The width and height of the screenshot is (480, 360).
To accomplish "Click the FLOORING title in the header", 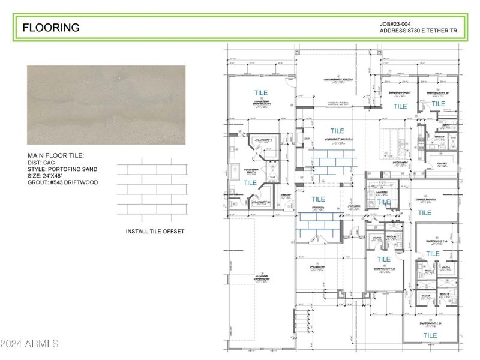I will tap(51, 28).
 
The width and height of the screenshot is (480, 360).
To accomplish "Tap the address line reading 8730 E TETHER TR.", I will tap(422, 31).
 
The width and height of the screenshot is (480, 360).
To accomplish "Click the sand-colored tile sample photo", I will tap(106, 105).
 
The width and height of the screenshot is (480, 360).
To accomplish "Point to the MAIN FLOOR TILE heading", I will tap(56, 155).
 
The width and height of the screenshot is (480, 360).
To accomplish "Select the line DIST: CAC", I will tap(42, 163).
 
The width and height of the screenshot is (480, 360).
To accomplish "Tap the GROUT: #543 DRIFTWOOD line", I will tap(62, 182).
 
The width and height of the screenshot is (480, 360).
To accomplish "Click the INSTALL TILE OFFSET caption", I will tap(155, 232).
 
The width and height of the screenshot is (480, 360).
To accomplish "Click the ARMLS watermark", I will tap(29, 344).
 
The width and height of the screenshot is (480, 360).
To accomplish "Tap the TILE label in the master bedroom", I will tap(260, 93).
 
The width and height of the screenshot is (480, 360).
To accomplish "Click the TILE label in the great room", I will tap(337, 131).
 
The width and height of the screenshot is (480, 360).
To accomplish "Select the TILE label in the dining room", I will tap(318, 199).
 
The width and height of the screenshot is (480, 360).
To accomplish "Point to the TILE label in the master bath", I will tap(250, 183).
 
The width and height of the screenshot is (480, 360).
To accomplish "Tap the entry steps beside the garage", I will tap(302, 318).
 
